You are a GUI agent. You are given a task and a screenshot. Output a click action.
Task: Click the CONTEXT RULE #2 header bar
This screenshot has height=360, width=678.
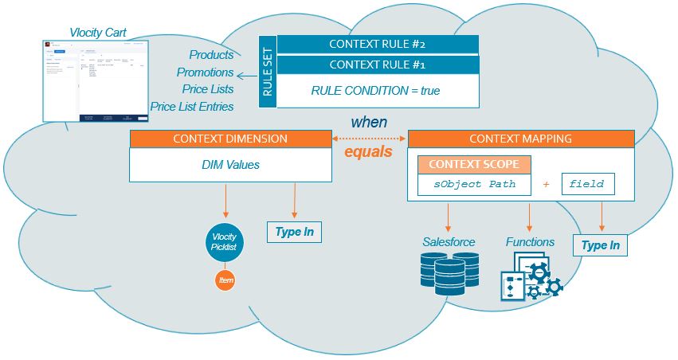coord(377,44)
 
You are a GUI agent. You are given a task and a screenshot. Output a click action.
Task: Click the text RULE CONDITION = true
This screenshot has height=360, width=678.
coord(375,91)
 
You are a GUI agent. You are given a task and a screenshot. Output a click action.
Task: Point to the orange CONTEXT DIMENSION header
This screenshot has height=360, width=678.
coord(229,139)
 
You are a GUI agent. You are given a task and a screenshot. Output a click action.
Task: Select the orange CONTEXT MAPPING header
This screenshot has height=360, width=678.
coord(520,139)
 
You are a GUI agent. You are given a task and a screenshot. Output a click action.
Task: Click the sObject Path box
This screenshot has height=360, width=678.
coord(476,185)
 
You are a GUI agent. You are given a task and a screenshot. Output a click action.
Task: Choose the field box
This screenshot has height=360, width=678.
coord(588,185)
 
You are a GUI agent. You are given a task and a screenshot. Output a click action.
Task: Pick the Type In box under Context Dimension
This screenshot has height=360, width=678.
coord(294,233)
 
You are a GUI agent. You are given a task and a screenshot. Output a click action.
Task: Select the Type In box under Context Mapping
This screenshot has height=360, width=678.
coord(600,246)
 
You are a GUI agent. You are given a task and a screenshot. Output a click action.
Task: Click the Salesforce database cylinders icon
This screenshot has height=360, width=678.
coord(449,270)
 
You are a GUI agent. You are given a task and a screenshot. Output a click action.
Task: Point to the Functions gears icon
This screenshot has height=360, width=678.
coord(531,276)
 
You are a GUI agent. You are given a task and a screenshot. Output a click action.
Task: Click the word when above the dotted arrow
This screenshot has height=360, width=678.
coord(369,123)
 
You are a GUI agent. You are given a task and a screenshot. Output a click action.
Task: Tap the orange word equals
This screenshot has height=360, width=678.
coord(368,151)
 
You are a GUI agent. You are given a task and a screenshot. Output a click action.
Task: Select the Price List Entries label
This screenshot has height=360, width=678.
coord(192,107)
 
